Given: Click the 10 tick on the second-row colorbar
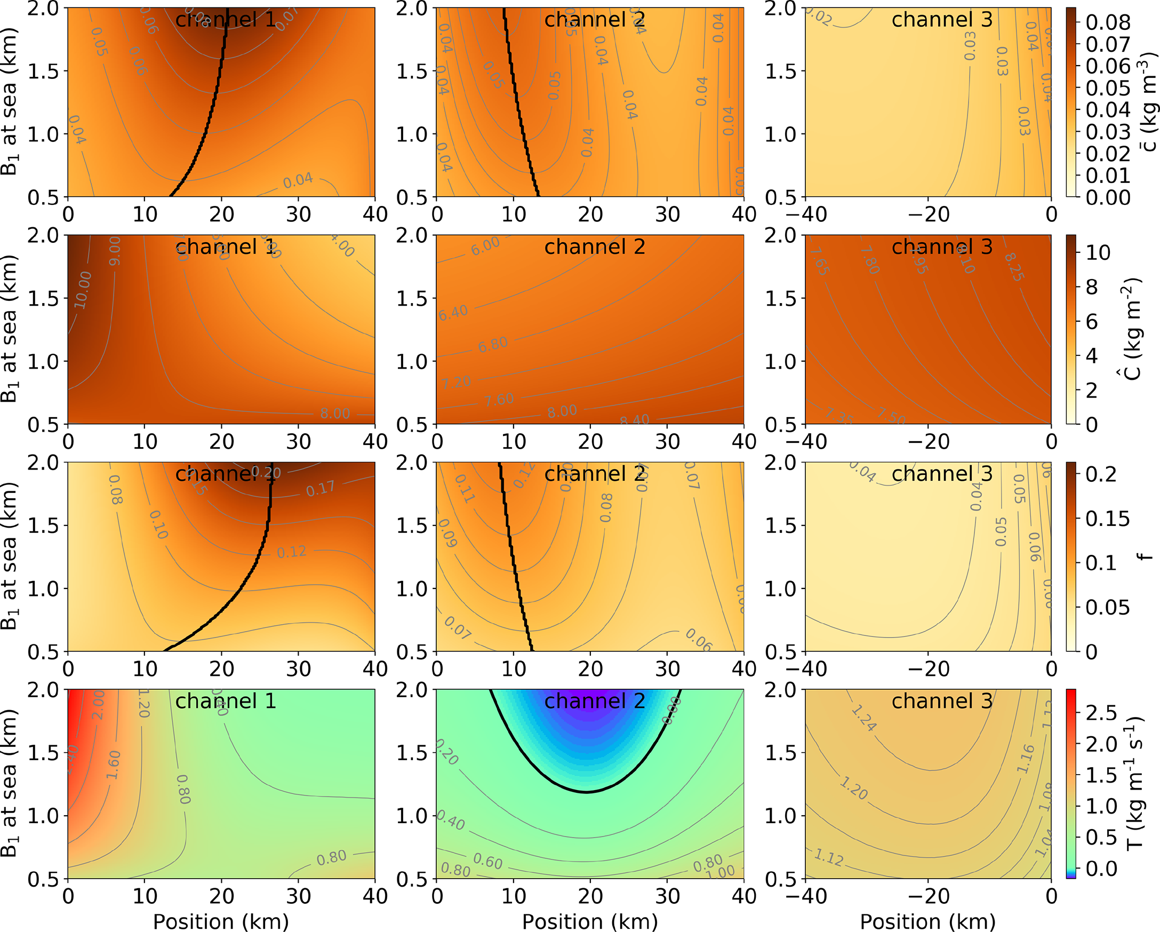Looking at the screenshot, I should coord(1098,252).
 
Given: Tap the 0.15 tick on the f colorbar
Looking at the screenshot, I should coord(1107,519).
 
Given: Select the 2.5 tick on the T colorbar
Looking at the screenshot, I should coord(1101,713).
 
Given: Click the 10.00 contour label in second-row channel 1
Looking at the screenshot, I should coord(83,290).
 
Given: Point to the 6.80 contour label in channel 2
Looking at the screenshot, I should coord(493,344).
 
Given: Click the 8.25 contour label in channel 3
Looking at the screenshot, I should coord(1014,267).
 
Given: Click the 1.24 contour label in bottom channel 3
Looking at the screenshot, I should coord(864,719).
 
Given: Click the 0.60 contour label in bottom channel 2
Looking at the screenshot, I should coord(487,862).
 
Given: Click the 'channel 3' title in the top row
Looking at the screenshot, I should coord(941,20).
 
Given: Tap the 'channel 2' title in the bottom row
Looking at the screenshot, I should coord(595,702).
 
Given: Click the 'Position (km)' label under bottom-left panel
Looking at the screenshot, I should coord(221,921).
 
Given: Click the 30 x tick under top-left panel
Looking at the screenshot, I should coord(298,214).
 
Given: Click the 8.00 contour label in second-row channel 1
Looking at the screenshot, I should coord(335,413).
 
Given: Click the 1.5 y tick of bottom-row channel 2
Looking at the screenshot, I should coord(412,753).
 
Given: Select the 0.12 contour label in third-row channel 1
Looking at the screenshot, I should coord(292,552).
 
